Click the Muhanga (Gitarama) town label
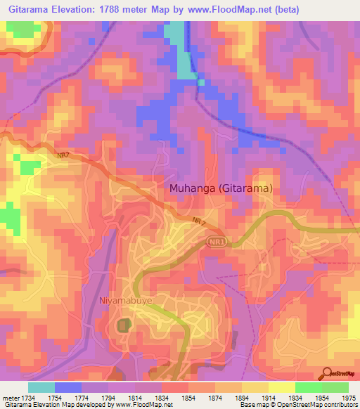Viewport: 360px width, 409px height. coord(221,188)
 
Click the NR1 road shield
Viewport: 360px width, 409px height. coord(217,242)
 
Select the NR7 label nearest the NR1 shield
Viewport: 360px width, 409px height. coord(198,221)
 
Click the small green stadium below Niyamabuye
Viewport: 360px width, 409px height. coord(124,325)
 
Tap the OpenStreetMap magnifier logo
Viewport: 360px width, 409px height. coord(328,373)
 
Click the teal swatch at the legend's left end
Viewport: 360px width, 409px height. coord(41,387)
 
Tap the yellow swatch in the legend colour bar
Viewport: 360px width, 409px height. coord(281,387)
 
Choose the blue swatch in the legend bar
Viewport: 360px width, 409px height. coord(67,387)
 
